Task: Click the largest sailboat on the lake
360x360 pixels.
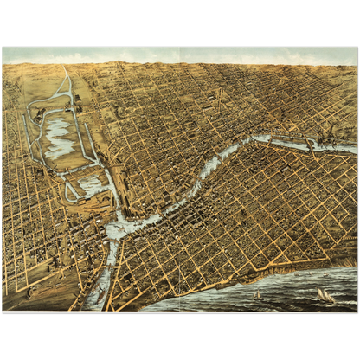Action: tap(324, 295)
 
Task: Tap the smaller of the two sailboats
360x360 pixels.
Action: tap(257, 295)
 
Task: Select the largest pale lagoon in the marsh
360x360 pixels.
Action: tap(59, 136)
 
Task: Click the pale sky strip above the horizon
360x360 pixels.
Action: tap(180, 54)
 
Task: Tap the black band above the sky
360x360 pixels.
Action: tap(180, 22)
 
